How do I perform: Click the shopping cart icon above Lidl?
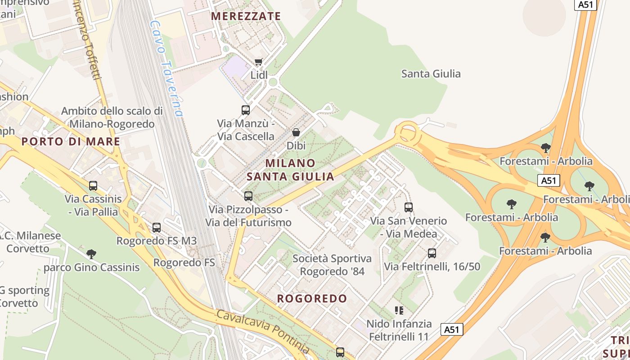tap(258, 62)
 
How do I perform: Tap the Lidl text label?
tap(259, 75)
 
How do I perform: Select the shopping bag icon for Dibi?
tap(296, 132)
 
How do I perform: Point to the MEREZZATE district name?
tap(246, 17)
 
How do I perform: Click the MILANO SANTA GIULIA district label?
tap(291, 170)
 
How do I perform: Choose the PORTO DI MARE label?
tap(71, 142)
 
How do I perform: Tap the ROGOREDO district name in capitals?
tap(312, 299)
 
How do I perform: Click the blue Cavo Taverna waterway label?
tap(167, 68)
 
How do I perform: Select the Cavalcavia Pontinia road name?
tap(263, 331)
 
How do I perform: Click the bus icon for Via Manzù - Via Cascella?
tap(246, 110)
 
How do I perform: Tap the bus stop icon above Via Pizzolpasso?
tap(248, 196)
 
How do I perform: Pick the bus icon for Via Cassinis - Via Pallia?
tap(93, 186)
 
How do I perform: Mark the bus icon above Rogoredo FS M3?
tap(157, 228)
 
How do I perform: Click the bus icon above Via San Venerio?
tap(409, 207)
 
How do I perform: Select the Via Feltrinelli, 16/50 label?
tap(432, 266)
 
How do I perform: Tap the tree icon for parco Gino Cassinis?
tap(91, 254)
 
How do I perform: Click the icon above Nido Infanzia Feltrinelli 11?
tap(399, 310)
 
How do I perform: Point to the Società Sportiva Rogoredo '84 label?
tap(332, 265)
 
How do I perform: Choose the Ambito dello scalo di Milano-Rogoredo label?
tap(112, 117)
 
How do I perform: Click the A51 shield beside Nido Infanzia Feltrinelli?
tap(451, 329)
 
